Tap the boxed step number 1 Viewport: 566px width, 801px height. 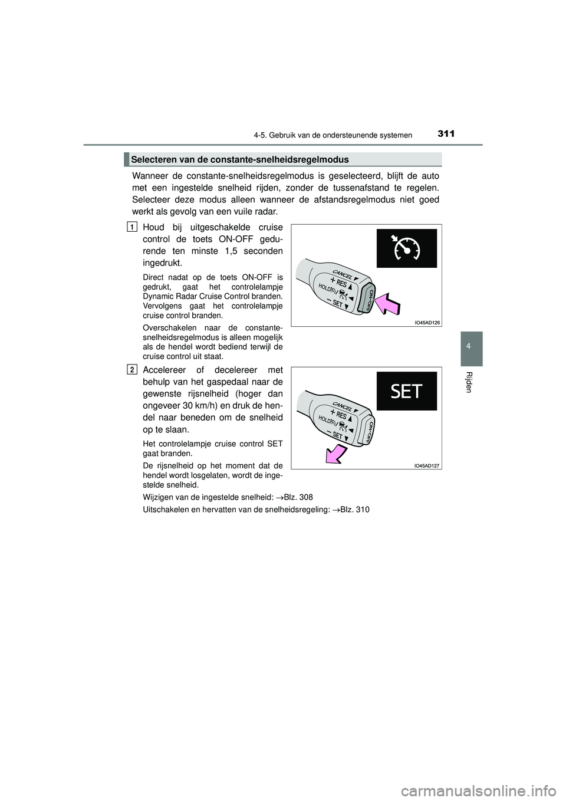132,227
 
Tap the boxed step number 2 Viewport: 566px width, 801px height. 132,369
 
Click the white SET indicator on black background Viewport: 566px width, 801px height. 406,391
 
